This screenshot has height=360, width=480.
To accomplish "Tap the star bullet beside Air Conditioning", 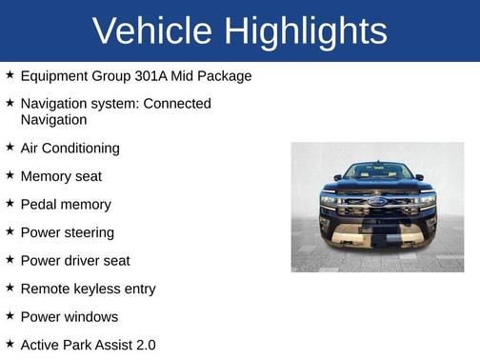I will coord(10,147).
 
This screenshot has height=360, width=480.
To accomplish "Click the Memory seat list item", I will coord(61,176).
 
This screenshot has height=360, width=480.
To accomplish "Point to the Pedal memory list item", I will coord(66,205).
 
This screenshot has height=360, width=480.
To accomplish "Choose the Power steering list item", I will coord(67,232).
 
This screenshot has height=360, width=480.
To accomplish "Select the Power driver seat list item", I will coord(75,261).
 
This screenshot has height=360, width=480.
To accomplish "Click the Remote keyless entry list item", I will coord(88,289).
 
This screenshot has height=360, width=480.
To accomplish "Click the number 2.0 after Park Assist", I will coord(144,345).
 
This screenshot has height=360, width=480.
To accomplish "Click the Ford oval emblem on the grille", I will coord(377,203).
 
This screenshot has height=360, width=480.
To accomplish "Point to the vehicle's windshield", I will coord(377,172).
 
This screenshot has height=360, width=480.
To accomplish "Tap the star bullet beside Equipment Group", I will coord(10,74).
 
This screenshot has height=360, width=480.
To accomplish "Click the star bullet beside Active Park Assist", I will coord(10,344).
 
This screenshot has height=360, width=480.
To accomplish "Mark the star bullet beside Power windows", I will coord(10,315).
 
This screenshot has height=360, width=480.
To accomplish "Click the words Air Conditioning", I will coord(70,149).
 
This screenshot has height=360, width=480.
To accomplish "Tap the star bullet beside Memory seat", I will coord(10,175).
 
